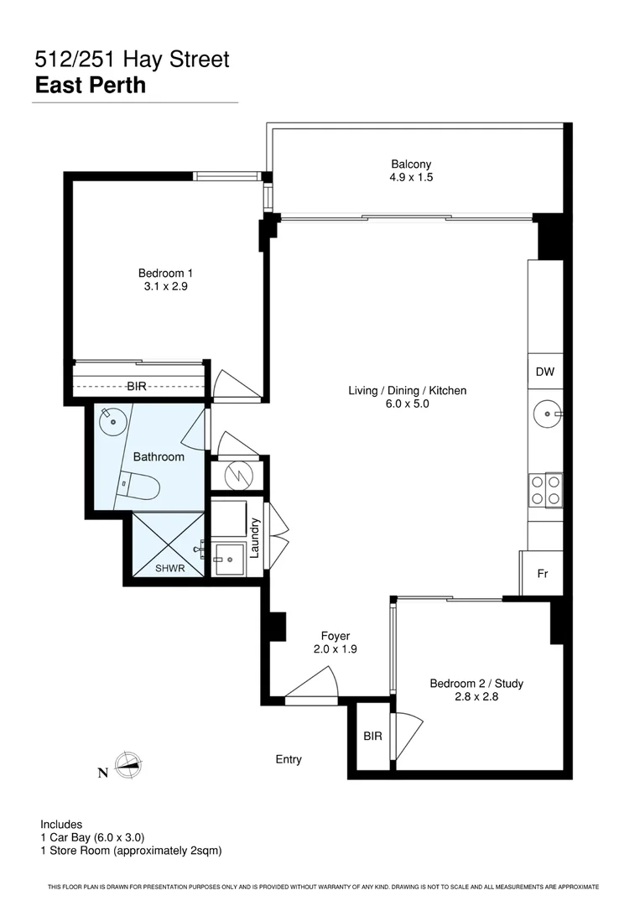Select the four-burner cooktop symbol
(x=545, y=490)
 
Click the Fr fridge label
(x=543, y=574)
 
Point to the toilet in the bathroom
(x=139, y=485)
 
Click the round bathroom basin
(x=109, y=422)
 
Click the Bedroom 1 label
(x=166, y=279)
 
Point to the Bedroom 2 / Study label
(x=476, y=690)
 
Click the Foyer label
(x=336, y=642)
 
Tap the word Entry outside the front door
(x=289, y=759)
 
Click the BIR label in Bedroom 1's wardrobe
(x=138, y=387)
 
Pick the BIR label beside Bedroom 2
(x=372, y=736)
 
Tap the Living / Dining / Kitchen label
(x=408, y=397)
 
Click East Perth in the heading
(x=91, y=85)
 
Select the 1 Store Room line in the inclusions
(x=131, y=850)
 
